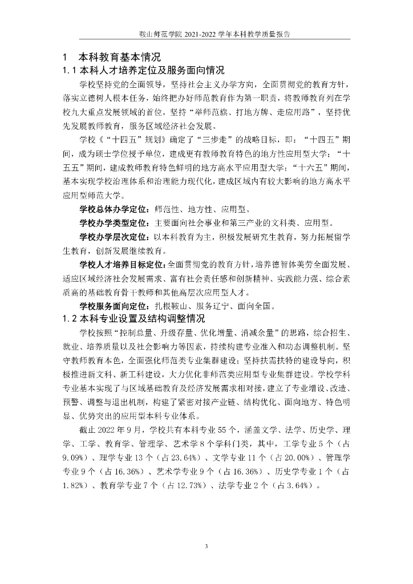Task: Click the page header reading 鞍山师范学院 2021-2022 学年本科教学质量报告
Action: pyautogui.click(x=206, y=34)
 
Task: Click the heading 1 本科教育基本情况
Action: pyautogui.click(x=112, y=58)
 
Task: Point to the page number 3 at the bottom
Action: pyautogui.click(x=206, y=546)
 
